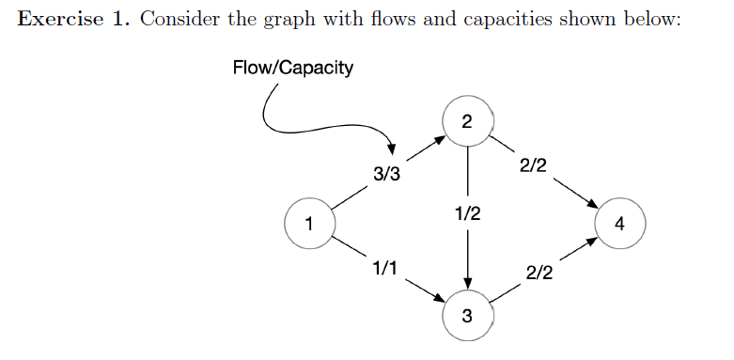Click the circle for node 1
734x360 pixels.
pyautogui.click(x=307, y=223)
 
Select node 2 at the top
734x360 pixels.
pyautogui.click(x=467, y=121)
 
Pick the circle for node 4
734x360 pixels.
pyautogui.click(x=617, y=223)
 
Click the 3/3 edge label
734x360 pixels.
pyautogui.click(x=386, y=174)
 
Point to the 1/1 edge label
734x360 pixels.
pyautogui.click(x=383, y=269)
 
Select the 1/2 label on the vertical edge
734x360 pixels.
pyautogui.click(x=467, y=213)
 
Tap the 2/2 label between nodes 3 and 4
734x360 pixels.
pyautogui.click(x=539, y=274)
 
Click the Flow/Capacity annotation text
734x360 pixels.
pyautogui.click(x=292, y=68)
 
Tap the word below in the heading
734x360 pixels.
pyautogui.click(x=649, y=21)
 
